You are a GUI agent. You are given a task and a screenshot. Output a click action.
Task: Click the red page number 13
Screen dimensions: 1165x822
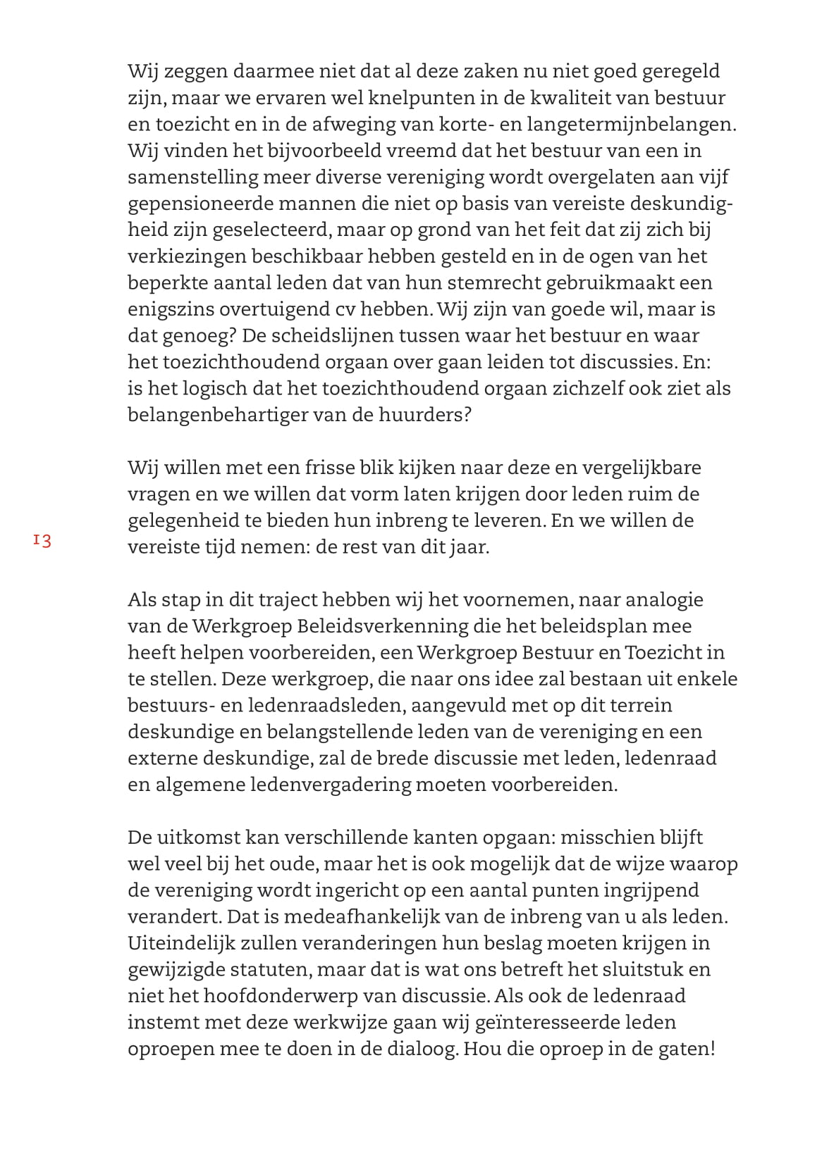pos(42,541)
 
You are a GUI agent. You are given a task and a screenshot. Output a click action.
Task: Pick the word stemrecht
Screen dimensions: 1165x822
pos(491,282)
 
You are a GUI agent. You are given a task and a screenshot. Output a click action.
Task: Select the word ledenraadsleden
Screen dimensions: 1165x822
pos(326,705)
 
